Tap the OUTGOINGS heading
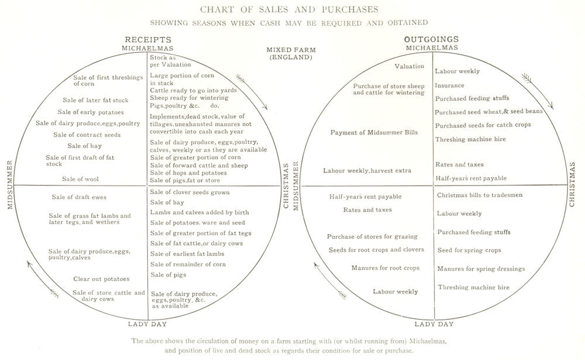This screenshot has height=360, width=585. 432,39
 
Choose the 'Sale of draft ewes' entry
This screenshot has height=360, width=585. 75,197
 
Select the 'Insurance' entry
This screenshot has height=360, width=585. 449,85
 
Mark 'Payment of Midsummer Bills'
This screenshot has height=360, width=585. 374,132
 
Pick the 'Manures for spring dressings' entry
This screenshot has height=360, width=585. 480,269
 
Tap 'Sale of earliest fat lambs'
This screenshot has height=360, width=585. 187,253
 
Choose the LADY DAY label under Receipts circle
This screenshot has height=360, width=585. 147,323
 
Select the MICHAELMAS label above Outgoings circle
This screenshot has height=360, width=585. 432,47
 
